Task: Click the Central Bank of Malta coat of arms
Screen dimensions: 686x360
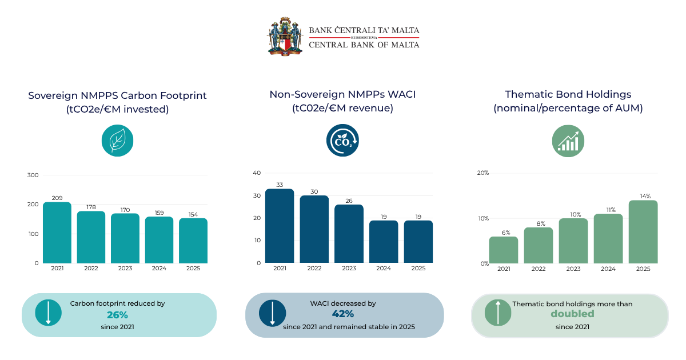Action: click(x=285, y=37)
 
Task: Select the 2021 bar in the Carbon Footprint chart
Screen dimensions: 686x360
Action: click(x=57, y=233)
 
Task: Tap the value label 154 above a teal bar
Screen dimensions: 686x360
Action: click(x=193, y=215)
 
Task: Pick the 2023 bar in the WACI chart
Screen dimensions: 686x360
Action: click(x=349, y=234)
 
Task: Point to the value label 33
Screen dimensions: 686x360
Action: click(x=280, y=185)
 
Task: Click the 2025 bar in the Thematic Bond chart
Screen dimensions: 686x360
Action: click(x=643, y=232)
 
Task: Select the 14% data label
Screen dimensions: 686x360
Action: click(x=645, y=196)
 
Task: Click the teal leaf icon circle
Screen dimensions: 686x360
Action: click(x=118, y=141)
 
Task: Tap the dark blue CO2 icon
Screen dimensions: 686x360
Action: click(x=342, y=140)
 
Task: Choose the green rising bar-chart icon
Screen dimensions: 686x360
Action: click(x=568, y=141)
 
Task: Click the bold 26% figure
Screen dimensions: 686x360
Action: click(x=117, y=315)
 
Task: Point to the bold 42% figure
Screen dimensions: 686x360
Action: click(x=342, y=314)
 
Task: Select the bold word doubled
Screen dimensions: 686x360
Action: click(x=572, y=314)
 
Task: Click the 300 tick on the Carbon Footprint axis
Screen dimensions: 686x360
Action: click(x=33, y=175)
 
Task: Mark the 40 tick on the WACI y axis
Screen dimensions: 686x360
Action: click(x=257, y=173)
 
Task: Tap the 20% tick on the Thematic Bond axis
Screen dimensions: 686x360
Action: click(x=483, y=173)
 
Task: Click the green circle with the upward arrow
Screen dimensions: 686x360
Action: click(x=498, y=313)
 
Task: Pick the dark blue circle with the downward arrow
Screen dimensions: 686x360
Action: click(x=272, y=313)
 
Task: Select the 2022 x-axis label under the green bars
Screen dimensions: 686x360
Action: click(x=539, y=269)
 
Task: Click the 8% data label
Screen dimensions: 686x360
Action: click(x=541, y=223)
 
